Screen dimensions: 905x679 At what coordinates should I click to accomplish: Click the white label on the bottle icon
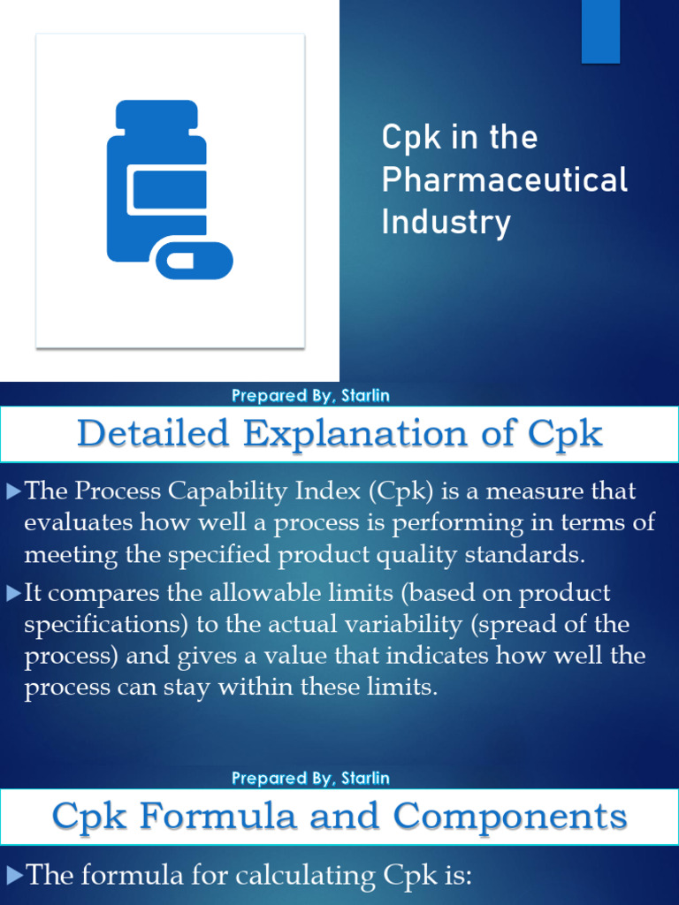(168, 190)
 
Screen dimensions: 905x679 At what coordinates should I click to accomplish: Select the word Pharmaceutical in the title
(505, 180)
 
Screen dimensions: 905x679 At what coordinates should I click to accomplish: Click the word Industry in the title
(446, 221)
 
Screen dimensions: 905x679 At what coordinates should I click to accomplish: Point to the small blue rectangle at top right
(600, 32)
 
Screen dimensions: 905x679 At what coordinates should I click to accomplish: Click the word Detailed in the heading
(153, 434)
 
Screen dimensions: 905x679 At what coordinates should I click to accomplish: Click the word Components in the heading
(510, 815)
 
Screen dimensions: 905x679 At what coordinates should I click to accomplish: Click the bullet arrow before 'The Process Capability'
(13, 491)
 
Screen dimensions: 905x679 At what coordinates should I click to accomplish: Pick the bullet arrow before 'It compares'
(13, 593)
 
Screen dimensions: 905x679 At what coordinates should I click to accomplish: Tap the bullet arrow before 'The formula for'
(13, 876)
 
